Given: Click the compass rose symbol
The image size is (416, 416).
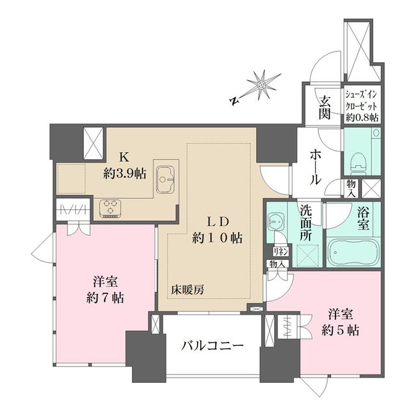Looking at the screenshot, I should tap(261, 84).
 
